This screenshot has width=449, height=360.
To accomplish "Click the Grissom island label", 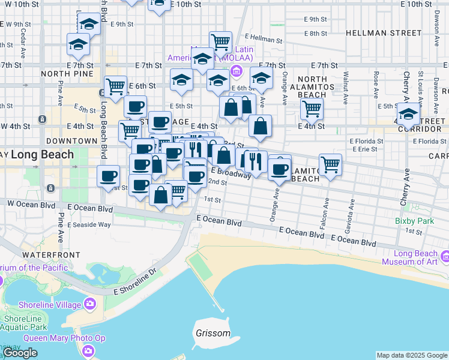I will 212,333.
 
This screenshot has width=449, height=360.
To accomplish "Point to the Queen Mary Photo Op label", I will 64,338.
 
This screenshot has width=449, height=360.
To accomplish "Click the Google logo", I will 20,353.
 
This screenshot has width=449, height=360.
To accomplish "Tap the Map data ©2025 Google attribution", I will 412,355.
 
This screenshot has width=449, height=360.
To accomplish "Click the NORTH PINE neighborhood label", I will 67,73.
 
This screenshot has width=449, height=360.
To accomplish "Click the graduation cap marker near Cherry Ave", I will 408,112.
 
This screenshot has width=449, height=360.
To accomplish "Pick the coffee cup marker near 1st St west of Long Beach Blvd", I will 108,176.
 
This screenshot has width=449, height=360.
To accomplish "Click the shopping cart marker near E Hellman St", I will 221,41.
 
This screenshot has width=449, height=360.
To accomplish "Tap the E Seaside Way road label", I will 89,224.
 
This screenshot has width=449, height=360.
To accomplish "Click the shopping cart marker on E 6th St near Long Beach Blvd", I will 115,86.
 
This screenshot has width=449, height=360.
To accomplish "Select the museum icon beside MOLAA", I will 237,73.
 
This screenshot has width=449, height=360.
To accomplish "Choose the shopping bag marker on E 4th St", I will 260,126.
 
